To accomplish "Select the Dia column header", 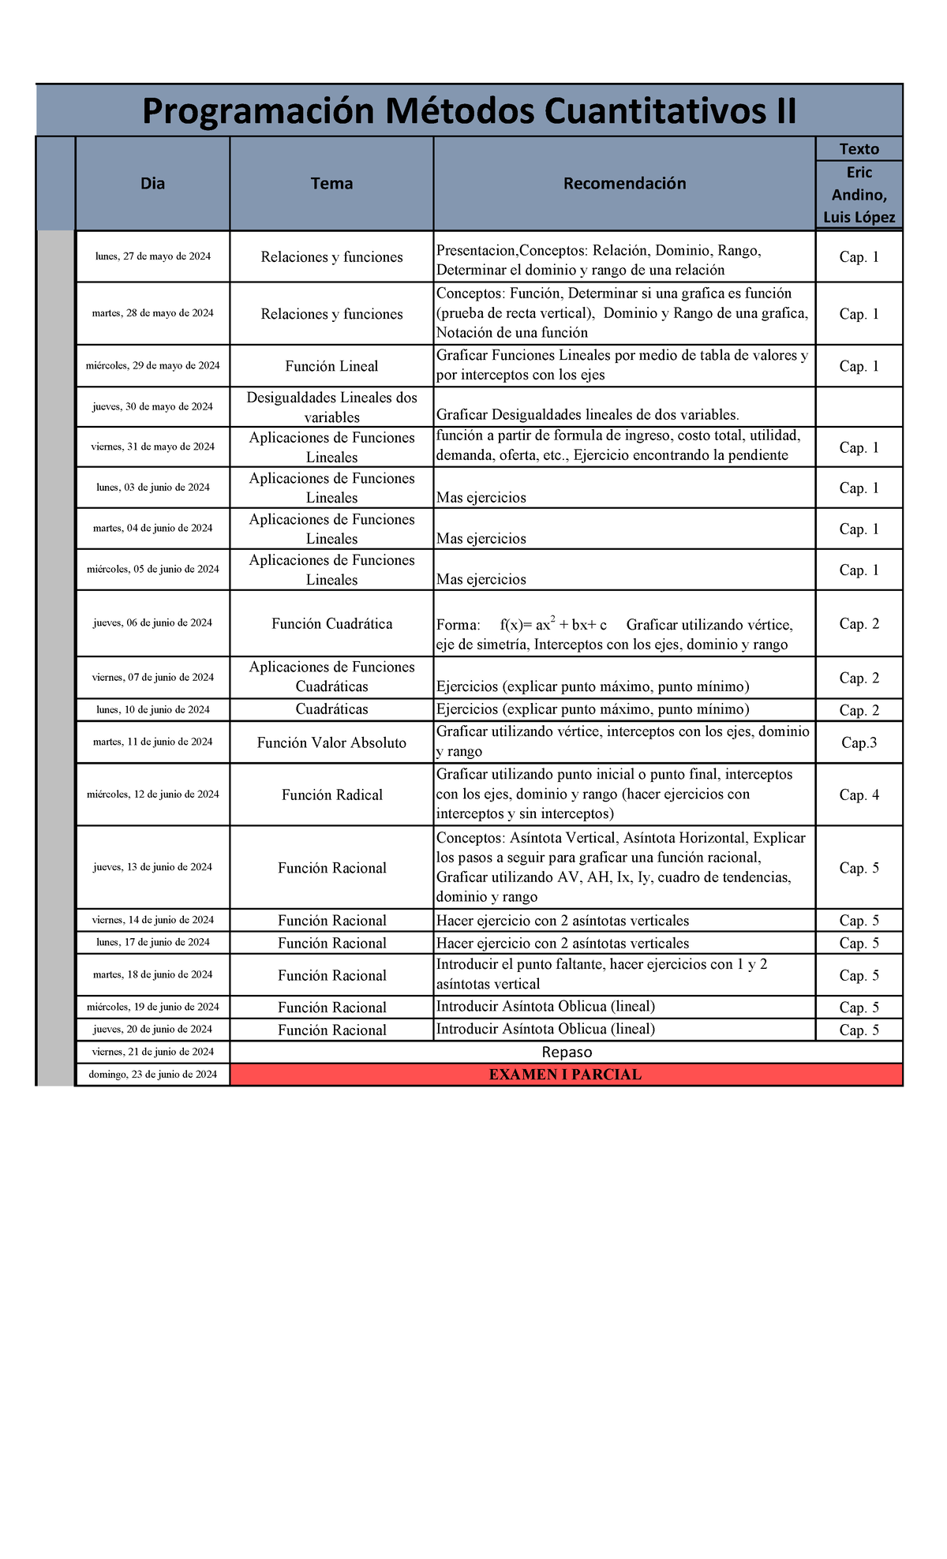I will click(x=152, y=184).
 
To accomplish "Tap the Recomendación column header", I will click(x=624, y=184).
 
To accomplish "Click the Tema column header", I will click(x=331, y=184).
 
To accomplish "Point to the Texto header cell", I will click(x=859, y=149).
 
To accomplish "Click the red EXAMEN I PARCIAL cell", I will click(x=565, y=1075).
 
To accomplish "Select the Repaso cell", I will click(x=566, y=1052).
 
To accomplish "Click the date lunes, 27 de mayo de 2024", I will click(x=152, y=256).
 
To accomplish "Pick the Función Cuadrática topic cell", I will click(x=331, y=624).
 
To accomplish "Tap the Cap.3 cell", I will click(x=859, y=742).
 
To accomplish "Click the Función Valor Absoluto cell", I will click(x=331, y=742).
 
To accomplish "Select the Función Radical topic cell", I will click(x=331, y=794).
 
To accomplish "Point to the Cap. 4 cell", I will click(x=859, y=794).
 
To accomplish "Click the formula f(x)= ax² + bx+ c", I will click(x=553, y=625).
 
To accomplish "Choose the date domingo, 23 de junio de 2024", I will click(x=152, y=1075).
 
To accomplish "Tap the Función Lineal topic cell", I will click(x=331, y=366).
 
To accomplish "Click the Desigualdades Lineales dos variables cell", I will click(x=331, y=407).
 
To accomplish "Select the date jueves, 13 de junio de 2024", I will click(x=152, y=867).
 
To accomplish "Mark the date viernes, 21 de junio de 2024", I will click(x=152, y=1052).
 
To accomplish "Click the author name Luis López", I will click(x=859, y=218).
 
